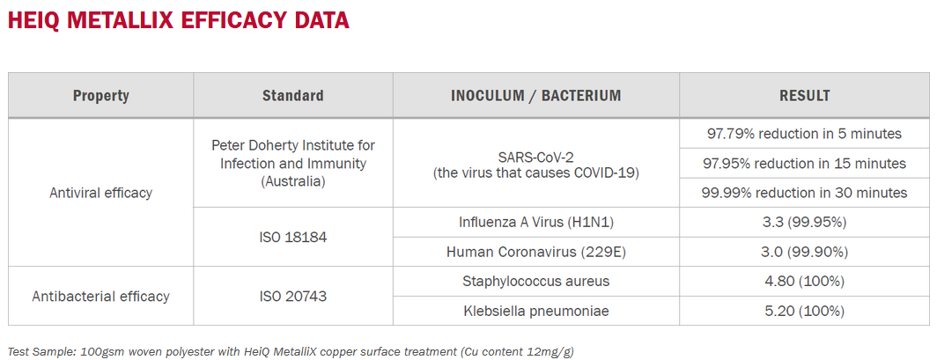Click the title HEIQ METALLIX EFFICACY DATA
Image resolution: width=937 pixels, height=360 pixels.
(x=178, y=19)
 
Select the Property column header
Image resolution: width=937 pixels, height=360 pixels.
(x=101, y=96)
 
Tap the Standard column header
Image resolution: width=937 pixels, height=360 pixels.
(x=292, y=96)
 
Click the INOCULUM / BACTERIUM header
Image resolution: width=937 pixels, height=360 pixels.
(x=536, y=96)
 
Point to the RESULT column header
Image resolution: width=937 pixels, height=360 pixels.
(x=804, y=96)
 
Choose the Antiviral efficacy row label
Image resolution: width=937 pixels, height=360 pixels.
(x=101, y=193)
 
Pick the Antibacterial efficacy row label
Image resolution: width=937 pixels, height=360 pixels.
(x=101, y=296)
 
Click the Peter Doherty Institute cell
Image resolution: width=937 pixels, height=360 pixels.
(x=292, y=163)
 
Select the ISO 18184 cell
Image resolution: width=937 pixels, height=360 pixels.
(x=292, y=237)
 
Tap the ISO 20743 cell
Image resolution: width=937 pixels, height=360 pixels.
(x=292, y=296)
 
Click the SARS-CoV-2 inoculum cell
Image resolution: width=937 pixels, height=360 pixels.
(x=536, y=165)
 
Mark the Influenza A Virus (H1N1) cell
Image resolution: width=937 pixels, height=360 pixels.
(x=536, y=222)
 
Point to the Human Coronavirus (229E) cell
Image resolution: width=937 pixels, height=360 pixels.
(x=536, y=252)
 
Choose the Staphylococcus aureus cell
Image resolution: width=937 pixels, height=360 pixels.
(x=536, y=281)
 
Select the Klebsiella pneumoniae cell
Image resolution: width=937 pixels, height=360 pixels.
(x=536, y=311)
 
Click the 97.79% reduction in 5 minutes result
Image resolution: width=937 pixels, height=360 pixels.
(x=804, y=133)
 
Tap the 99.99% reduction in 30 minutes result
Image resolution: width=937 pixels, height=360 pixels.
(x=804, y=193)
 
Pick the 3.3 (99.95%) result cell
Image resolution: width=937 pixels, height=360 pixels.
(x=804, y=222)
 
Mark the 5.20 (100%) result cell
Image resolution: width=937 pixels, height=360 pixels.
(x=804, y=311)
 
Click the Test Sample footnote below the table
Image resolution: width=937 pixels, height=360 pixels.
(x=291, y=351)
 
